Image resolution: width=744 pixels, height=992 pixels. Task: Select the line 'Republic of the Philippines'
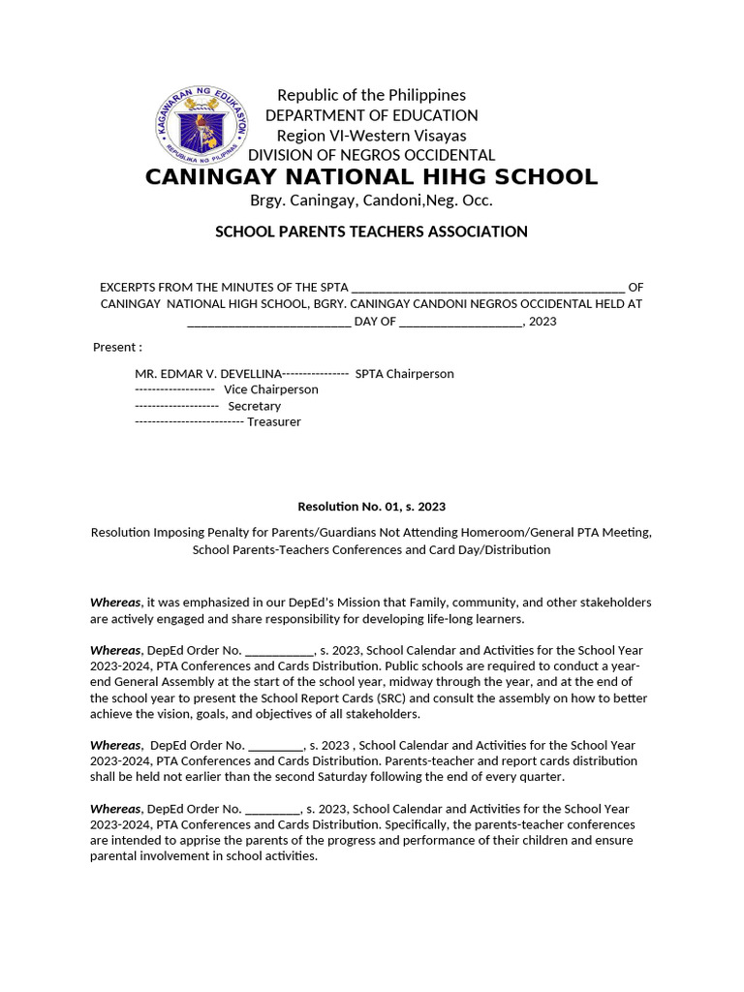(371, 95)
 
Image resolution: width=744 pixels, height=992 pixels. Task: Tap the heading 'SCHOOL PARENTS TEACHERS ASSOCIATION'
(371, 232)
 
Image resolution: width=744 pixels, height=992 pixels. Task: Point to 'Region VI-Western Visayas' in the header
(371, 136)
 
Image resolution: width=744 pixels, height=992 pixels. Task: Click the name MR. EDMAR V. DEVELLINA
(207, 374)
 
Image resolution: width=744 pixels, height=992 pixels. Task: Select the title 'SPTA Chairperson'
(404, 374)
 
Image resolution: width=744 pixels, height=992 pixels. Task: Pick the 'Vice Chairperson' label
(270, 389)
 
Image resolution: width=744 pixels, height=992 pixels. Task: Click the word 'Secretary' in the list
(254, 406)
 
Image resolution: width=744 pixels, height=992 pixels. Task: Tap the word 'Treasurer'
(273, 422)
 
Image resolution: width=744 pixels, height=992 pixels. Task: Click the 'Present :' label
(117, 348)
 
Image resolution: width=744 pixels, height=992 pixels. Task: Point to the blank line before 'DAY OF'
(268, 322)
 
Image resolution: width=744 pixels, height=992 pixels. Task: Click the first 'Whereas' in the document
(115, 603)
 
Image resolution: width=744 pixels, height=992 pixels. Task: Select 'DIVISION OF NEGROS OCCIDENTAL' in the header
(371, 156)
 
